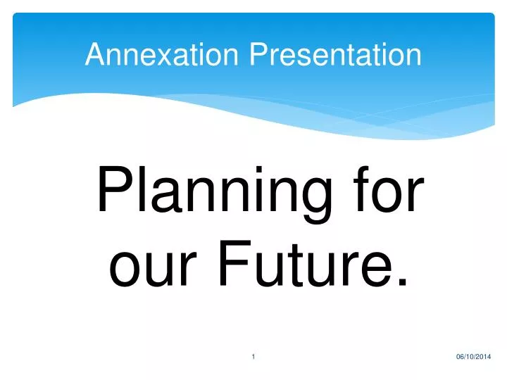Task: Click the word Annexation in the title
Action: coord(163,55)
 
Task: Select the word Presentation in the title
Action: coord(335,55)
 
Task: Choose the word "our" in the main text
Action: coord(147,266)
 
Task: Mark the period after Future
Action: coord(402,281)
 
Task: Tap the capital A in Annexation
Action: coord(93,55)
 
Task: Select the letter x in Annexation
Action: coord(154,56)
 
